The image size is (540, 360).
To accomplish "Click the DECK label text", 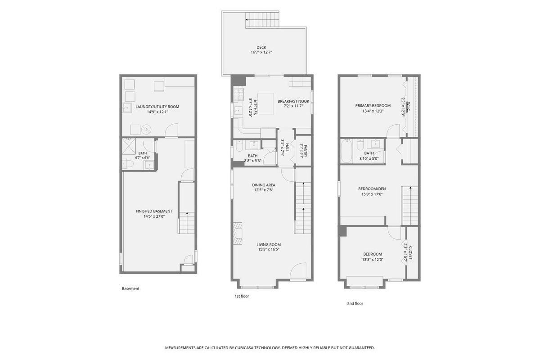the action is click(261, 48).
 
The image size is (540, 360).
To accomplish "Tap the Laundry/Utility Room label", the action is click(157, 107).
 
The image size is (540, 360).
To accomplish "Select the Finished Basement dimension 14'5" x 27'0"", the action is click(154, 216).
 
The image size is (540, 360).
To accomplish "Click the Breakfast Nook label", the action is click(293, 101).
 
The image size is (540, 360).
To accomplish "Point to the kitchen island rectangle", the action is click(265, 103).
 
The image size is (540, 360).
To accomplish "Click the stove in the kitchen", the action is click(238, 94).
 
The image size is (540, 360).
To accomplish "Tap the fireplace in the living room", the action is click(238, 234).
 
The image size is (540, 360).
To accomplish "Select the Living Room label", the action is click(269, 244).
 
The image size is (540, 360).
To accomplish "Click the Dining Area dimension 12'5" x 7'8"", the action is click(264, 190).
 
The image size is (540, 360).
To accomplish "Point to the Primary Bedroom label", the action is click(373, 106).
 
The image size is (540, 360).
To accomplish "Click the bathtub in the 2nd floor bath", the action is click(346, 151).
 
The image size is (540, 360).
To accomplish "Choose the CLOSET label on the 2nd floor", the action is click(411, 253).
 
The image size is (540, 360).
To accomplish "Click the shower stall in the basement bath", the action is click(129, 146).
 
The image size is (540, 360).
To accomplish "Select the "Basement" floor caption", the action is click(130, 288).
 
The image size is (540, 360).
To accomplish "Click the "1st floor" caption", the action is click(242, 296).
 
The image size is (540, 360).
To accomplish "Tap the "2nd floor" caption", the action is click(355, 303).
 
